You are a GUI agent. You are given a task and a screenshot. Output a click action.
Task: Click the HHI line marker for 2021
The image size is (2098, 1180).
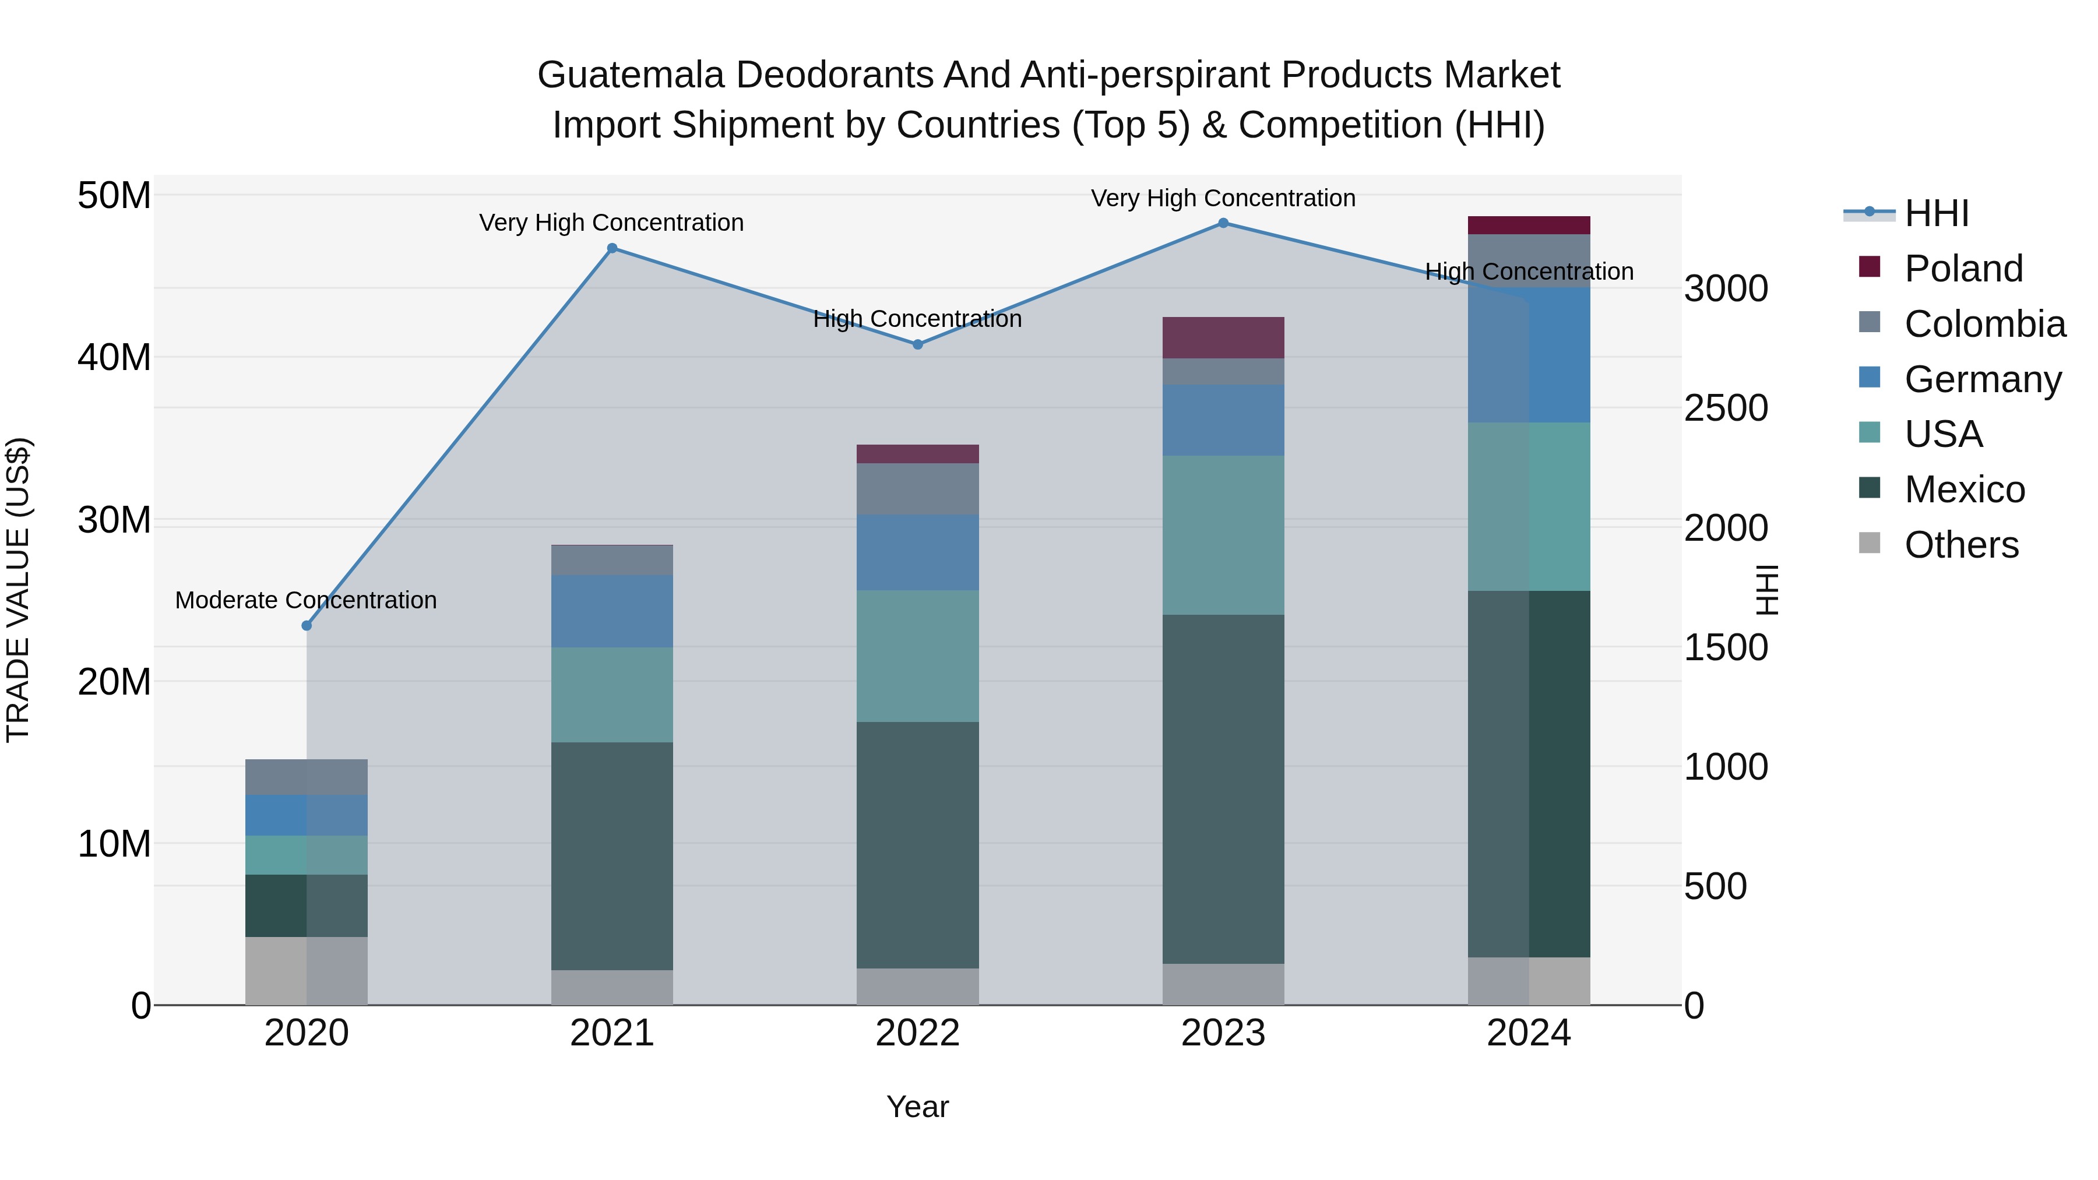point(612,248)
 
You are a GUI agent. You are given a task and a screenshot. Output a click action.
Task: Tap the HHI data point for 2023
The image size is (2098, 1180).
point(1223,223)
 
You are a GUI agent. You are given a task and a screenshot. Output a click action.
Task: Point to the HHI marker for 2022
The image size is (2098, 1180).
point(918,344)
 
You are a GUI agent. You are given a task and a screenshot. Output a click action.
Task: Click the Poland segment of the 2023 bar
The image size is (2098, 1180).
point(1223,337)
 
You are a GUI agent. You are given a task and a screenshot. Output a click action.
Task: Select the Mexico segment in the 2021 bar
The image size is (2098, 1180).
point(612,855)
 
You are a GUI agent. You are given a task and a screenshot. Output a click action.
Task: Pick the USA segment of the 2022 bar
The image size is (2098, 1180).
point(918,656)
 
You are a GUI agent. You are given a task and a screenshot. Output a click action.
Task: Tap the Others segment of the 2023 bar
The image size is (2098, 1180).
point(1223,984)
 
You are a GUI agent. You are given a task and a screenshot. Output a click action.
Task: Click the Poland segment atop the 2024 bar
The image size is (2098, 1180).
point(1529,226)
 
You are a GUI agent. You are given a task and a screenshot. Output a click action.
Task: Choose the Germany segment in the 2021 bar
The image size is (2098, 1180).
point(612,611)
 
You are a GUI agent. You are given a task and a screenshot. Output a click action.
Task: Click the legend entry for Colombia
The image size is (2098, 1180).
point(1984,324)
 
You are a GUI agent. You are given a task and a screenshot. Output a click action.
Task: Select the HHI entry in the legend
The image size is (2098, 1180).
point(1937,213)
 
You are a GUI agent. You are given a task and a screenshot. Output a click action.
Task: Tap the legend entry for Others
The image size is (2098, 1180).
point(1961,545)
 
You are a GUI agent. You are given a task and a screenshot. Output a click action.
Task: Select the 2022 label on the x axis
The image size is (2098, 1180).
point(918,1033)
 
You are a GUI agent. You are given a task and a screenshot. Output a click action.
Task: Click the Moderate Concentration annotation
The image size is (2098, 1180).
point(306,600)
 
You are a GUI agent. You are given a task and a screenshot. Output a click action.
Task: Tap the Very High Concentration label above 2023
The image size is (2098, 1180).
point(1223,198)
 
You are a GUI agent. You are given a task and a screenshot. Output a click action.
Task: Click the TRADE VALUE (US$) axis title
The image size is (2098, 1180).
point(18,590)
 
